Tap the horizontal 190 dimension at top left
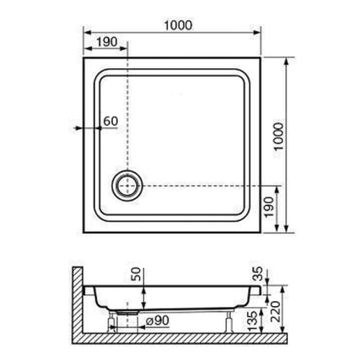click(x=105, y=42)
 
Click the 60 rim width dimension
click(x=109, y=121)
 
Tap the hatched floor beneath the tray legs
click(x=180, y=338)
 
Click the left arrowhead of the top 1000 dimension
click(x=86, y=34)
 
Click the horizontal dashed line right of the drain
click(x=202, y=186)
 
